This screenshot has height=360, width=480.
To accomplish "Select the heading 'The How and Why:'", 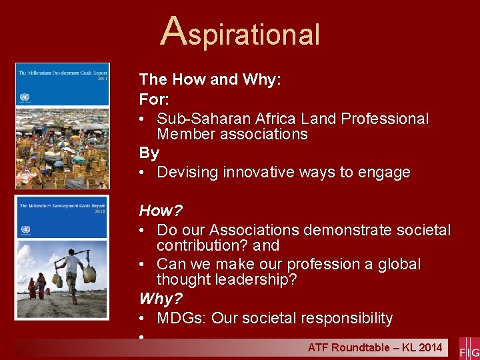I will pyautogui.click(x=210, y=79).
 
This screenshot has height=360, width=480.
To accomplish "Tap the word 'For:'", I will pyautogui.click(x=153, y=99).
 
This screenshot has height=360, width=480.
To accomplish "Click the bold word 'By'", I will pyautogui.click(x=149, y=153).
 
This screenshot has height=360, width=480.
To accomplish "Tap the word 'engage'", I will pyautogui.click(x=385, y=172).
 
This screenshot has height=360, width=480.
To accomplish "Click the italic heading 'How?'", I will pyautogui.click(x=161, y=211).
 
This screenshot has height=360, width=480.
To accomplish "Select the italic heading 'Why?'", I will pyautogui.click(x=160, y=299).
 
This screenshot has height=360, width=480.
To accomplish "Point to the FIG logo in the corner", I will pyautogui.click(x=469, y=347).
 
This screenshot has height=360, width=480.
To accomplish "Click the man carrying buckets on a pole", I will pyautogui.click(x=73, y=277).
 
